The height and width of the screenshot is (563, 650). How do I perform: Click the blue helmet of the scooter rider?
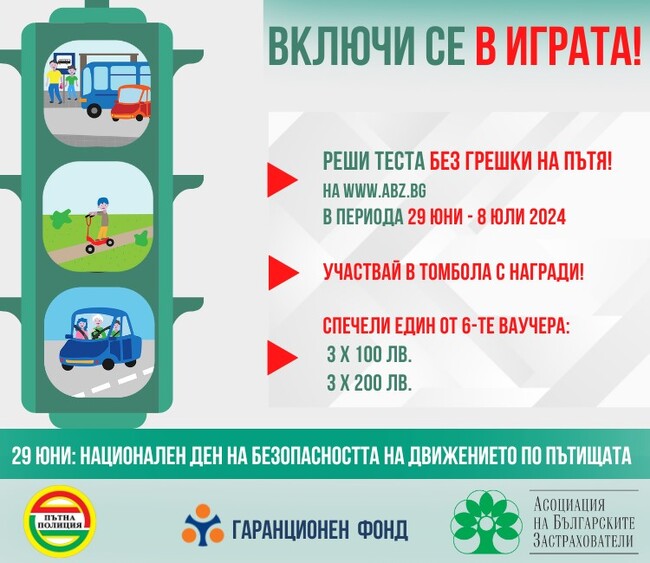(x=100, y=200)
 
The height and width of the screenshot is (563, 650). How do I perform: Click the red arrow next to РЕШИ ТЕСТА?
(x=282, y=181)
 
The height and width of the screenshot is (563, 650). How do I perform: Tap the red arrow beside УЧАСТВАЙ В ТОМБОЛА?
(x=282, y=271)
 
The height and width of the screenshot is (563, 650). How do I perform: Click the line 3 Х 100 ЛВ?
(x=369, y=355)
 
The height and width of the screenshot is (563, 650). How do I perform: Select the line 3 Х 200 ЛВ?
(x=369, y=381)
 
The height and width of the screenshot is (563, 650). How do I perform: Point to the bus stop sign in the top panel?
(x=65, y=59)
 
